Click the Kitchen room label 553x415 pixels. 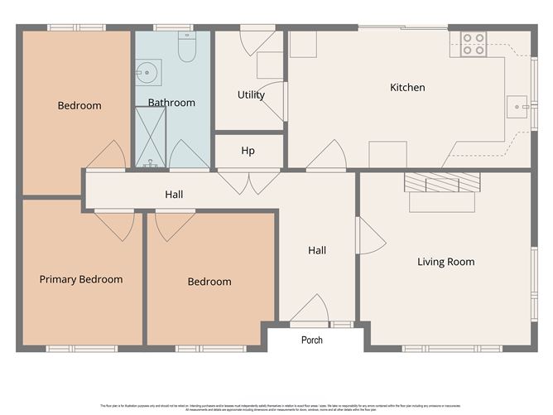[x=407, y=87]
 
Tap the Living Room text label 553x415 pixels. [x=445, y=262]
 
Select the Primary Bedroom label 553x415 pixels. [x=81, y=279]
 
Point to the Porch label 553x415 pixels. [x=312, y=340]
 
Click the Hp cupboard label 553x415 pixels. [x=248, y=151]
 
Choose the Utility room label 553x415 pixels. [x=251, y=94]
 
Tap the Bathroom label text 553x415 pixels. [x=171, y=103]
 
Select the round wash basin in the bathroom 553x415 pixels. [x=147, y=73]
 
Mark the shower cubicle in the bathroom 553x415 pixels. [x=151, y=137]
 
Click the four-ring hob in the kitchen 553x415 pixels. [x=473, y=44]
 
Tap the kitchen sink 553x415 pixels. [x=517, y=106]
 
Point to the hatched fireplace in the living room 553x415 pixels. [x=441, y=182]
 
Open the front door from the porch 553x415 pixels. [x=310, y=310]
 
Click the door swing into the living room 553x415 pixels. [x=369, y=236]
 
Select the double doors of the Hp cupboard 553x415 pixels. [x=248, y=181]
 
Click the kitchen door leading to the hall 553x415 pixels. [x=327, y=156]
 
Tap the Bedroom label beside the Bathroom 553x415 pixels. [x=79, y=105]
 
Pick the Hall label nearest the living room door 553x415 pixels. [x=317, y=250]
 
